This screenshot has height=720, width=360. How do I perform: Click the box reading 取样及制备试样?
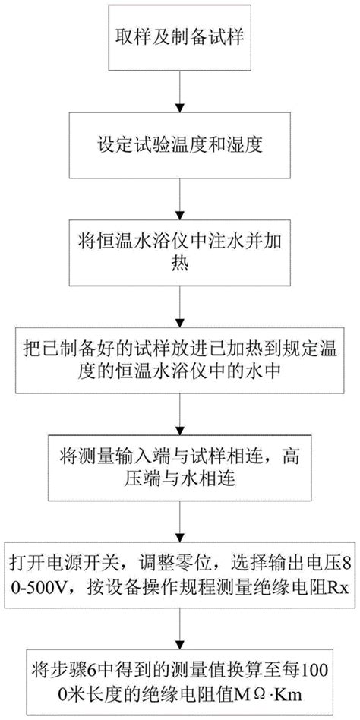[180, 38]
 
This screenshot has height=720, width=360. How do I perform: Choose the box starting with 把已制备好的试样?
[180, 359]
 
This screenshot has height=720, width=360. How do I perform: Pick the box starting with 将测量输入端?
[180, 466]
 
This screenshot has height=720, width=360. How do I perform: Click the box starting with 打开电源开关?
[180, 575]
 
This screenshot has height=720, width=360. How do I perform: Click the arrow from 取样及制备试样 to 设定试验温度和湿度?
[180, 91]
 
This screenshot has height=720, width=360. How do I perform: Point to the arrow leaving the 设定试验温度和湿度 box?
[180, 198]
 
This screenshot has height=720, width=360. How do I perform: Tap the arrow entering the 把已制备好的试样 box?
[180, 306]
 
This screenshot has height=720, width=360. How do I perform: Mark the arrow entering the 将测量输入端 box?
[180, 413]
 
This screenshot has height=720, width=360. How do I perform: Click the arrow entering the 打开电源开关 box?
[180, 521]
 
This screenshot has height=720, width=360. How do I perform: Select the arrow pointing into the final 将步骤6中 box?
[180, 628]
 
